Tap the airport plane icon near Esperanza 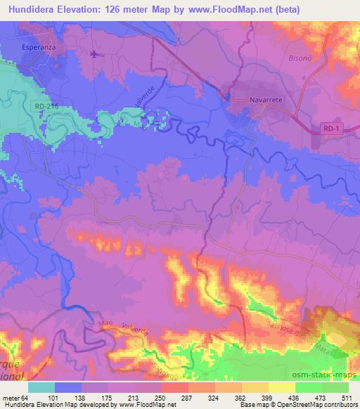[x=95, y=53]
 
